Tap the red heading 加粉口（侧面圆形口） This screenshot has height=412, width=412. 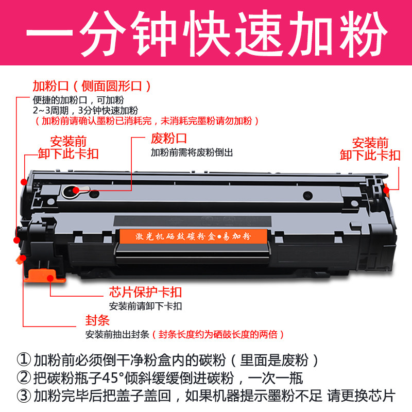click(91, 85)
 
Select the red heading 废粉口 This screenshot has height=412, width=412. click(168, 139)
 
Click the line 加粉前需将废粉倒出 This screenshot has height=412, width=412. click(192, 153)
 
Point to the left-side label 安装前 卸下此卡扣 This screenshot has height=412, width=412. click(68, 147)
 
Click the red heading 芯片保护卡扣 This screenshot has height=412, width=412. click(145, 293)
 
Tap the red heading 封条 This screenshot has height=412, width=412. click(97, 320)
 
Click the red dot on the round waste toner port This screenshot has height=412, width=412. click(76, 190)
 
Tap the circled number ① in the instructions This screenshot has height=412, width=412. click(23, 359)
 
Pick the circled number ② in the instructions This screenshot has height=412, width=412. click(23, 378)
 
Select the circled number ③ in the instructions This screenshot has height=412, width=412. click(23, 396)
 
